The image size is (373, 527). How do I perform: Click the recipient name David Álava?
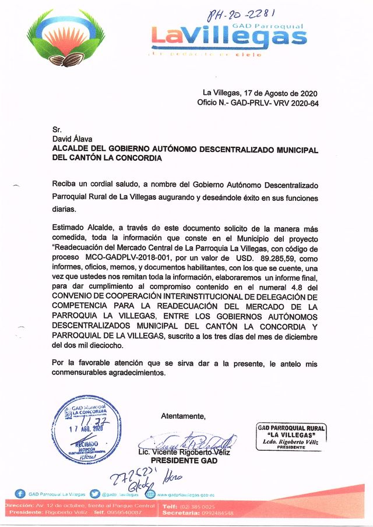coord(71,139)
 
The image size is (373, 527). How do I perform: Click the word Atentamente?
coord(183,416)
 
